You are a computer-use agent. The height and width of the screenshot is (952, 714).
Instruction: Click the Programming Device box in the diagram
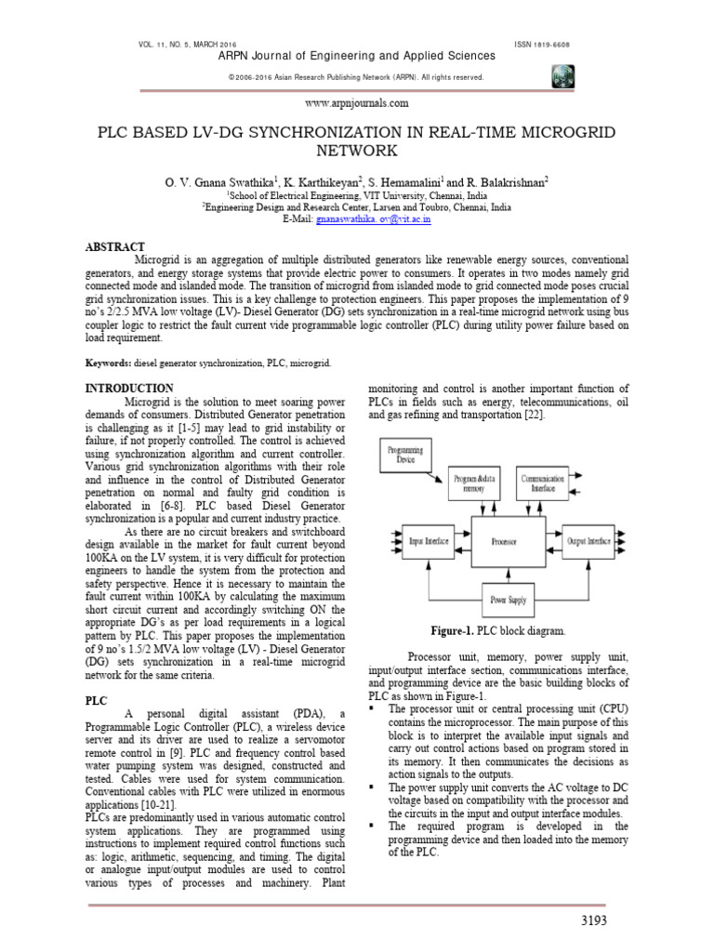click(405, 456)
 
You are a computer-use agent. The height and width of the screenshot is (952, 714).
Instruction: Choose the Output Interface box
click(589, 540)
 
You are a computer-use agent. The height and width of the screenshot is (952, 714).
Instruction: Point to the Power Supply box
click(509, 600)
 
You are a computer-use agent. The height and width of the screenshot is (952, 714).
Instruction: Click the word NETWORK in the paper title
click(357, 151)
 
